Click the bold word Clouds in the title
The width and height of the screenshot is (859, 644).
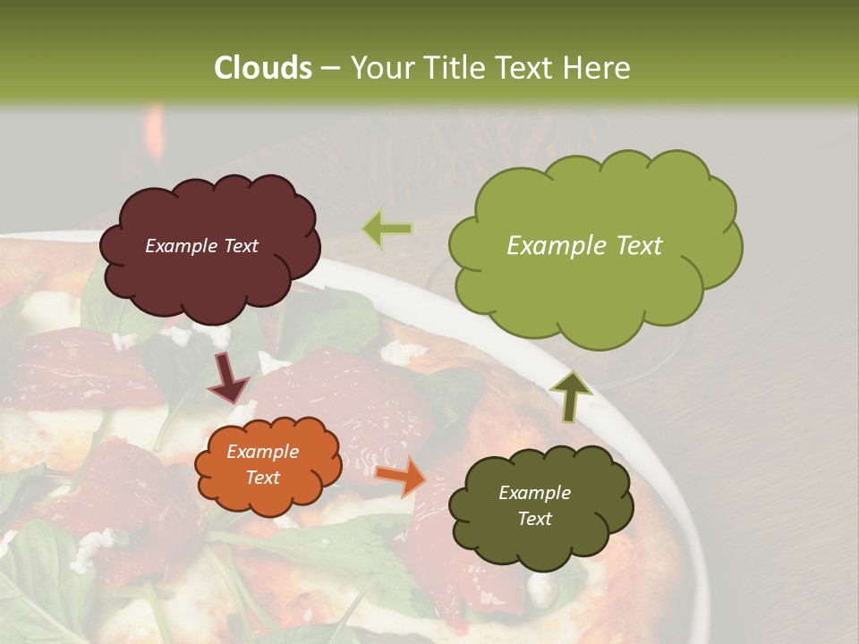[263, 68]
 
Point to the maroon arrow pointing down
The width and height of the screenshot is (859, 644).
[229, 377]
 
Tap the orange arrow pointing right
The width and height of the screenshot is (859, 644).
[401, 475]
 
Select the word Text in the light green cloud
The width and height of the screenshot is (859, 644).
[633, 246]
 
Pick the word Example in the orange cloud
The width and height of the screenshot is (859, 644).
[262, 453]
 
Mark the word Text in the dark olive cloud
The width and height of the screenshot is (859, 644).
[534, 519]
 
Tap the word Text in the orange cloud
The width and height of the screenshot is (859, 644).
[262, 478]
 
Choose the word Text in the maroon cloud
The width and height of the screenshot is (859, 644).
[240, 246]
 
